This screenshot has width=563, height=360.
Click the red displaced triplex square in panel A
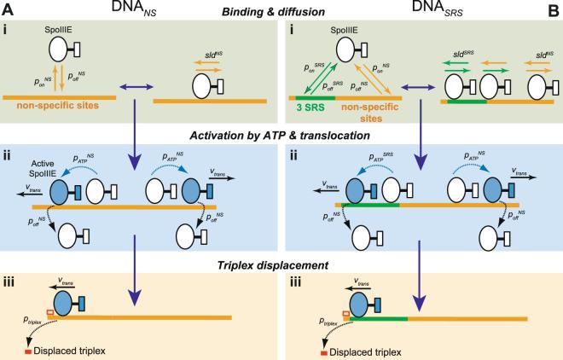(x=37, y=351)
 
